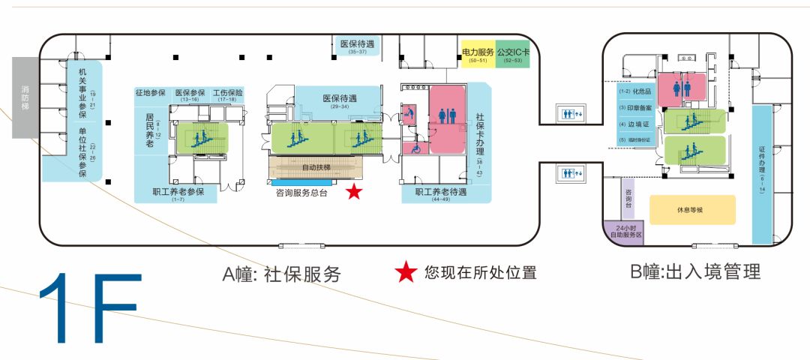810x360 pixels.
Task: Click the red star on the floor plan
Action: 354,192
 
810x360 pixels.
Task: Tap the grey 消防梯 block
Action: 25,97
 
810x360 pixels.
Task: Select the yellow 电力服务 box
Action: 477,54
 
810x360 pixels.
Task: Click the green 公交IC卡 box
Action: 513,54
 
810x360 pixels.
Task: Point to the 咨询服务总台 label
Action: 304,193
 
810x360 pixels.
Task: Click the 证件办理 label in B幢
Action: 762,172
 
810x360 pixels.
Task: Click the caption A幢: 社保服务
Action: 282,274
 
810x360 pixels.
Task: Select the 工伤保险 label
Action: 228,94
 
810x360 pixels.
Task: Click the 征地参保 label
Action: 150,94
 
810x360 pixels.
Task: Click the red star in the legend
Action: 406,272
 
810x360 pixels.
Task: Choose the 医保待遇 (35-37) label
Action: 357,45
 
